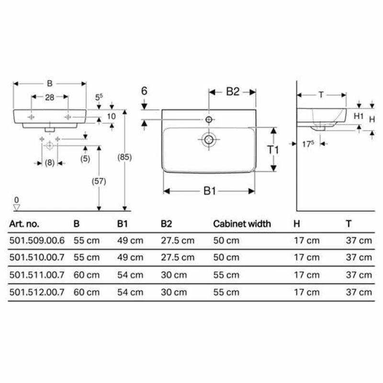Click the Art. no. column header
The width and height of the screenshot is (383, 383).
point(24,224)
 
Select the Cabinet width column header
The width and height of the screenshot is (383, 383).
point(242,224)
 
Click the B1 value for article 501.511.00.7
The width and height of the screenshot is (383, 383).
point(130,275)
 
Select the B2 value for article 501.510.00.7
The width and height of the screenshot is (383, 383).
point(178,258)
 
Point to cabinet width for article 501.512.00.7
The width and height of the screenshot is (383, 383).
point(226,292)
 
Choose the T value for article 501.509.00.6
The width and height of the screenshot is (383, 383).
point(359,240)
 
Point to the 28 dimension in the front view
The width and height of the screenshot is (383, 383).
point(49,97)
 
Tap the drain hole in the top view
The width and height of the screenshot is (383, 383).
point(209,139)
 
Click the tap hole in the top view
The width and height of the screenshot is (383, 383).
point(209,118)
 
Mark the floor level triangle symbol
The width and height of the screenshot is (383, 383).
point(17,207)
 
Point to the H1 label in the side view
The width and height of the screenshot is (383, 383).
point(359,115)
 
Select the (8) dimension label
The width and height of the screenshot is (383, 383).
point(49,163)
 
